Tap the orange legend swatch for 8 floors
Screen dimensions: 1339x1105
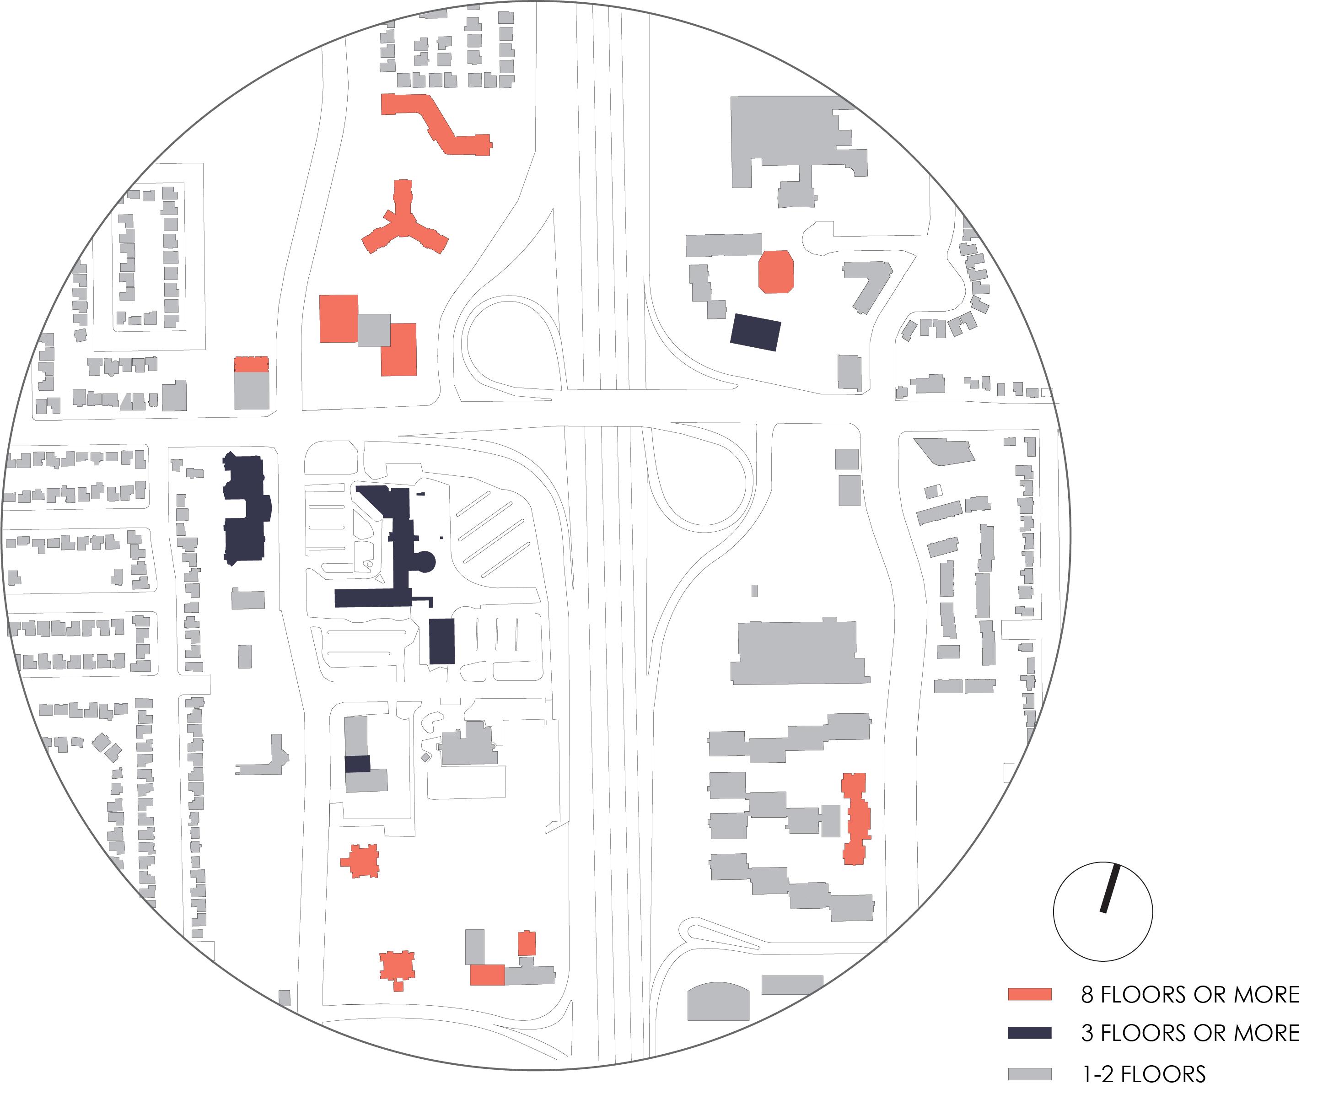point(1029,994)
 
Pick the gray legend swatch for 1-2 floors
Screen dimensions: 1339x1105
point(1029,1074)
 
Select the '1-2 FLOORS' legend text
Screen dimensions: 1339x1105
point(1144,1074)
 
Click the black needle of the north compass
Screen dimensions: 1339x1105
point(1111,888)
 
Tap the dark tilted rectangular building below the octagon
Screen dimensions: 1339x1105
point(755,332)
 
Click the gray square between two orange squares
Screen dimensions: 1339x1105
point(374,330)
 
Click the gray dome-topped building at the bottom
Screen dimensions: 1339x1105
point(718,1003)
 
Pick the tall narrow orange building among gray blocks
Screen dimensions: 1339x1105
point(855,819)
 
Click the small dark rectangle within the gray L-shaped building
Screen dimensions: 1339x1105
point(357,764)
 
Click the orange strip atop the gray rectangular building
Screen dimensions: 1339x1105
point(252,364)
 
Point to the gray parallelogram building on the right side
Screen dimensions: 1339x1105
point(945,451)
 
